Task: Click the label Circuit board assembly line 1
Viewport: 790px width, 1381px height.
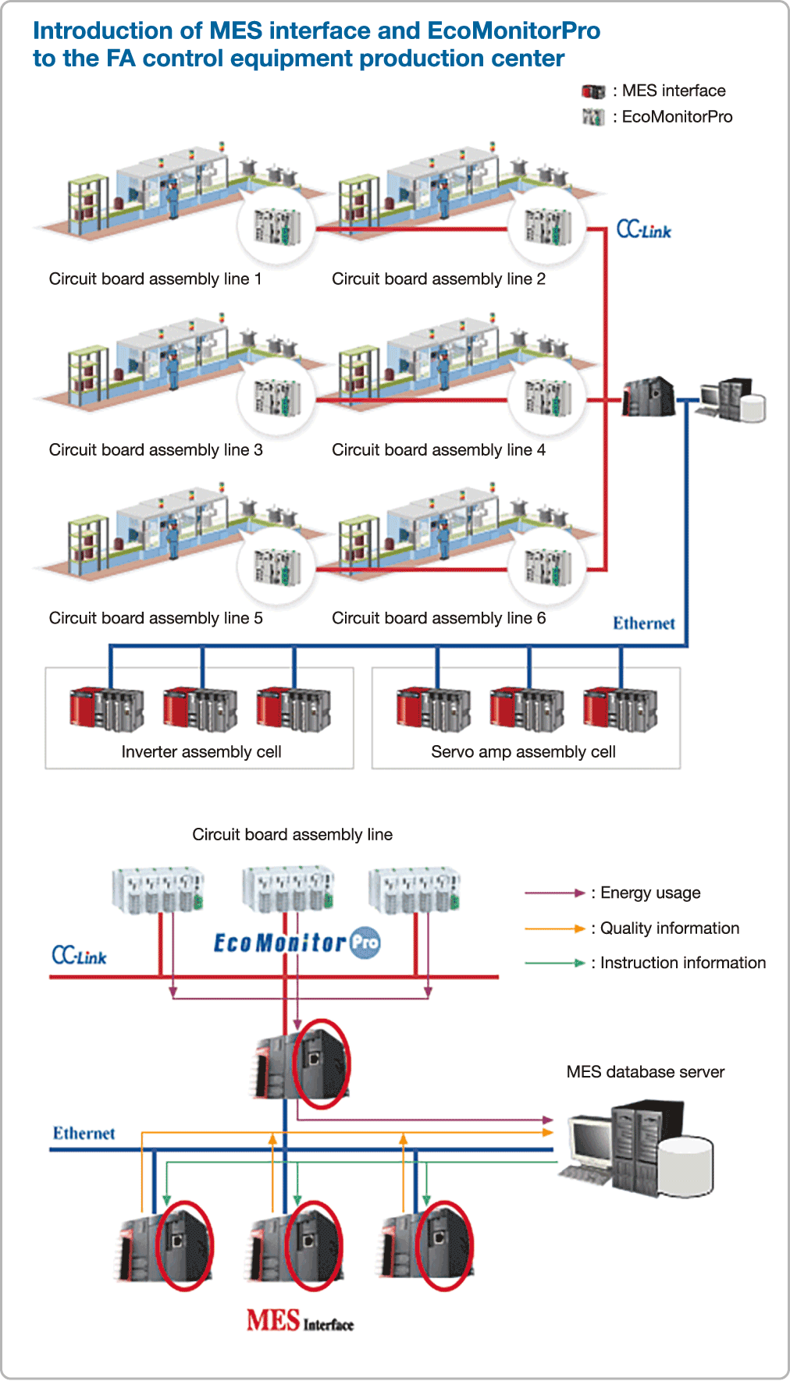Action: pos(155,279)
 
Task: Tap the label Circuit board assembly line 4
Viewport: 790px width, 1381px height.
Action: pos(438,450)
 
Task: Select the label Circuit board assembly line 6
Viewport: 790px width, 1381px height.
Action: pos(438,619)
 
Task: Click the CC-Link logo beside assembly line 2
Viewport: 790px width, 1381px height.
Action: pos(643,229)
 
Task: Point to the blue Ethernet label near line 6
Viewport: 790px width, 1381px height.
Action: pos(643,623)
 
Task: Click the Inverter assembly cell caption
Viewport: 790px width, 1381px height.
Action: pos(201,752)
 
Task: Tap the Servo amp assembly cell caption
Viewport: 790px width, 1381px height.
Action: pos(523,752)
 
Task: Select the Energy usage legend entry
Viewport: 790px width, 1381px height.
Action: pos(649,893)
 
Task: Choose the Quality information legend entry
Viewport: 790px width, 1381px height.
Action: pos(669,928)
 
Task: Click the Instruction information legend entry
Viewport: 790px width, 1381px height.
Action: pos(682,964)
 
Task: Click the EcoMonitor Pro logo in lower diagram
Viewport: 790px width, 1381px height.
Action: pos(297,943)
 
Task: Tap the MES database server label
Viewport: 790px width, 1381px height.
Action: pos(645,1072)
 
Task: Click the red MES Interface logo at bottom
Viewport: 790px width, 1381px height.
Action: pos(300,1321)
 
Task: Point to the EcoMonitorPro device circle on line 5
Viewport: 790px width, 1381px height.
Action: pos(276,566)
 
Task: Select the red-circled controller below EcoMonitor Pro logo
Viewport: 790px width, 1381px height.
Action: pos(320,1063)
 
